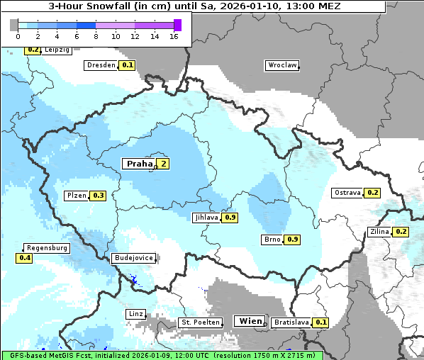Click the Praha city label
pyautogui.click(x=139, y=164)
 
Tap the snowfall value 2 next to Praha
pyautogui.click(x=163, y=164)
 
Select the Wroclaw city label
pyautogui.click(x=282, y=65)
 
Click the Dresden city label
pyautogui.click(x=101, y=65)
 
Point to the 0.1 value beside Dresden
pyautogui.click(x=128, y=65)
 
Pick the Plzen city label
pyautogui.click(x=77, y=196)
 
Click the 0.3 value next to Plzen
pyautogui.click(x=99, y=196)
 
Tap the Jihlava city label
pyautogui.click(x=206, y=218)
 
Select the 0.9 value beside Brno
pyautogui.click(x=293, y=240)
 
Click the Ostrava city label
pyautogui.click(x=347, y=193)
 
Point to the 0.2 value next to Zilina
pyautogui.click(x=401, y=232)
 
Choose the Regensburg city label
pyautogui.click(x=47, y=248)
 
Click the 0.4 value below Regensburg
pyautogui.click(x=25, y=259)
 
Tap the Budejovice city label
pyautogui.click(x=133, y=259)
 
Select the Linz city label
pyautogui.click(x=135, y=313)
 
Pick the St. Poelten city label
pyautogui.click(x=197, y=322)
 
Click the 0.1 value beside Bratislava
pyautogui.click(x=321, y=322)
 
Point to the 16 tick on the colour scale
pyautogui.click(x=174, y=37)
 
